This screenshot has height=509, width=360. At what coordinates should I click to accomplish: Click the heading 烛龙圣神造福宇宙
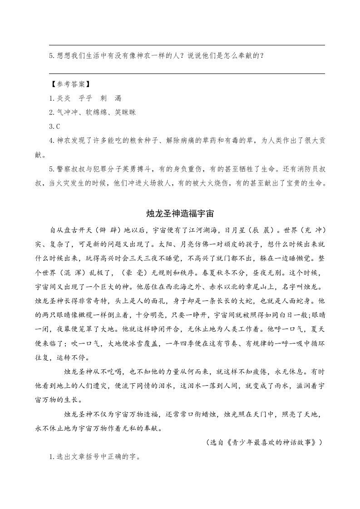click(180, 213)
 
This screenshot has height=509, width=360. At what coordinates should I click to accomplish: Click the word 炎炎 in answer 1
click(64, 98)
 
